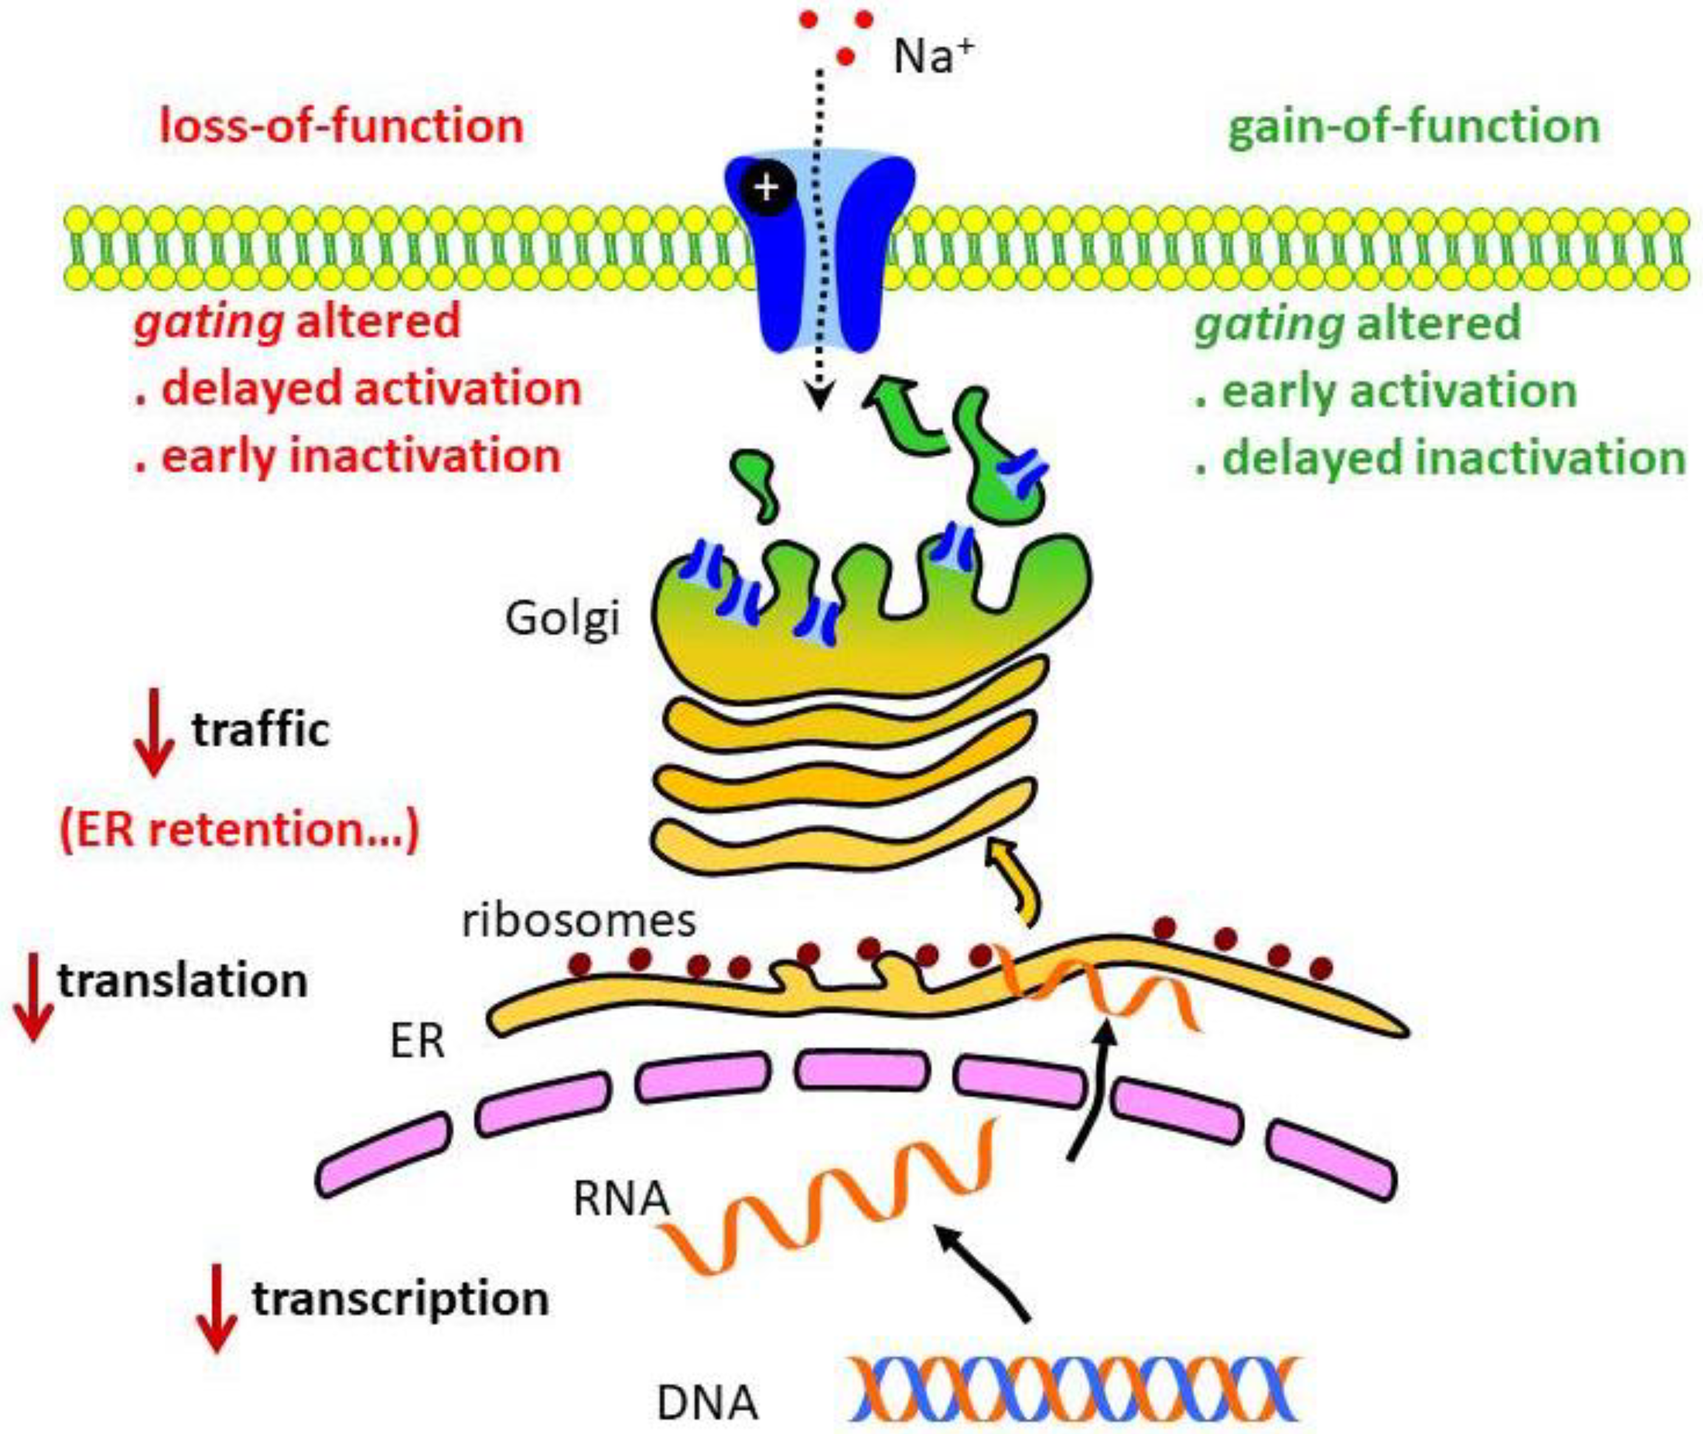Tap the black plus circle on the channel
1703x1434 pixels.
click(x=766, y=189)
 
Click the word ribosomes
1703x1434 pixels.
click(x=579, y=921)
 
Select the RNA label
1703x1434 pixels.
click(x=620, y=1200)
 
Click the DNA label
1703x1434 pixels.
click(x=706, y=1402)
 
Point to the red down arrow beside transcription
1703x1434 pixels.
click(x=217, y=1308)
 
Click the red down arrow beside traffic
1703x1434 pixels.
click(x=154, y=732)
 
